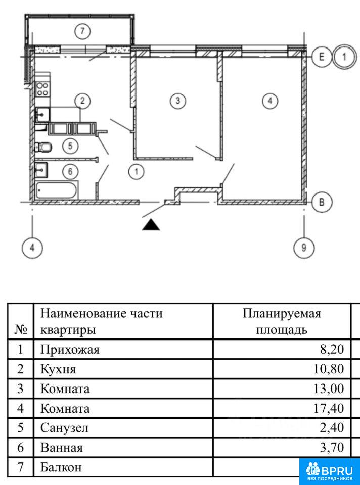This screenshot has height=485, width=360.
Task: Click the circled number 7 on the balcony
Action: pos(82,32)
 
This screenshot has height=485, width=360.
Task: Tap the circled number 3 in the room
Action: pos(176,101)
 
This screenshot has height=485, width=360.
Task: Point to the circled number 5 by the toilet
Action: pos(71,146)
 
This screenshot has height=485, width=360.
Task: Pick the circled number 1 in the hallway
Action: pos(136,172)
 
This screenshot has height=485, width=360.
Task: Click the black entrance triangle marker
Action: pos(151,224)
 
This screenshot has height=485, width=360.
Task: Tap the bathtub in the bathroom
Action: pos(57,191)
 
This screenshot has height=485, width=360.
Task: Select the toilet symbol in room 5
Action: pos(44,147)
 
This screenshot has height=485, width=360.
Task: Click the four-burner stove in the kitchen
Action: pos(42,89)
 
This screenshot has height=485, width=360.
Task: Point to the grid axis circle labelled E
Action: pos(320,57)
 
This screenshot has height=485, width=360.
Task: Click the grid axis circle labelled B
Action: pos(321,202)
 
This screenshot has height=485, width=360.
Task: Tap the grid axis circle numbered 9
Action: pos(304,248)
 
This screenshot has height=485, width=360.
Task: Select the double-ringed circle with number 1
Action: pos(344,57)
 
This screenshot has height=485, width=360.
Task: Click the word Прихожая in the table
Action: pos(70,349)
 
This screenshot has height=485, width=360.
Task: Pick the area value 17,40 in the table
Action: pos(329,408)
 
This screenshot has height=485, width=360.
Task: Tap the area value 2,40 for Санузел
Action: pos(332,428)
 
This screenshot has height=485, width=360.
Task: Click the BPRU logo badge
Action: pos(329,470)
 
